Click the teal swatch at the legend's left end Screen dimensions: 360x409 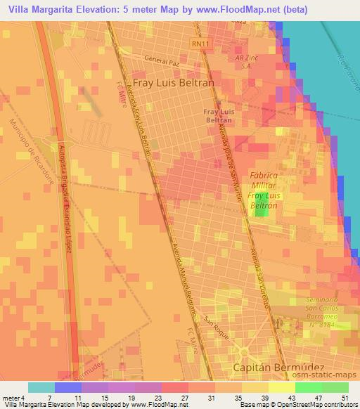[x=41, y=387]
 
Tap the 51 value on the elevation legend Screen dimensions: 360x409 [x=344, y=397]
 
